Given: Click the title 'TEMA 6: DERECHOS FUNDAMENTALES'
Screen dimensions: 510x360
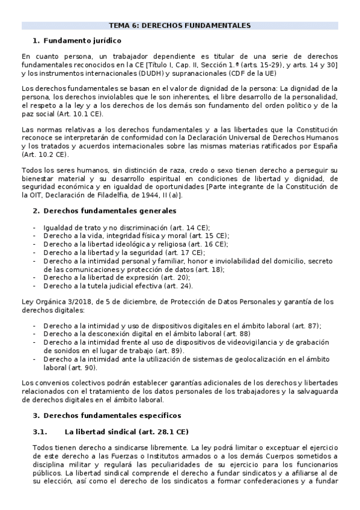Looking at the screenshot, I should click(180, 26).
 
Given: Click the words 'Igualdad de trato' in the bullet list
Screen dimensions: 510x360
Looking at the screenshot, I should click(71, 227).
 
